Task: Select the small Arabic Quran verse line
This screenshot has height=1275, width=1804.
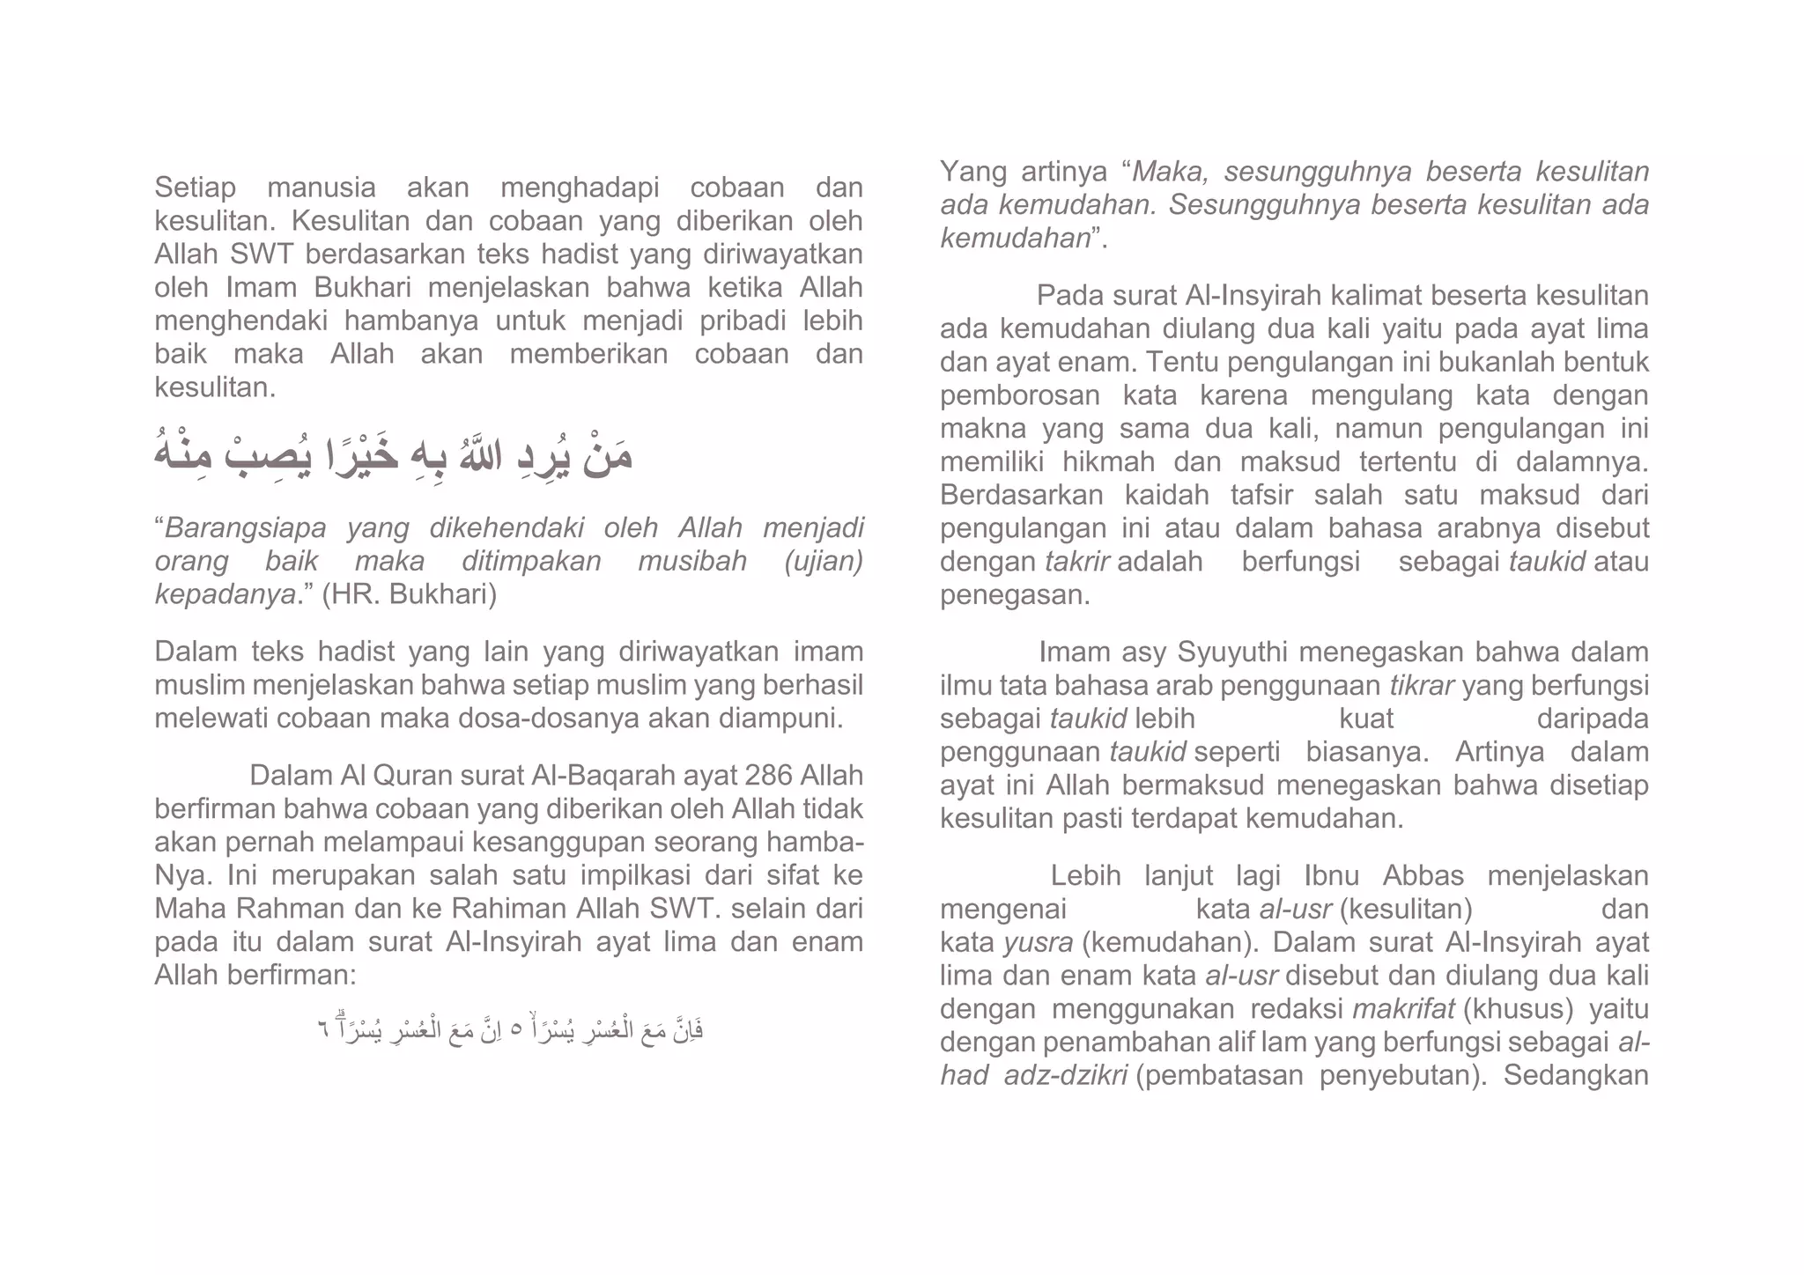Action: pos(510,1028)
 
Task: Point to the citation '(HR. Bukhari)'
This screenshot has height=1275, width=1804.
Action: pos(410,595)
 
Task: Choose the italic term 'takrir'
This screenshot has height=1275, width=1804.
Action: pos(1077,562)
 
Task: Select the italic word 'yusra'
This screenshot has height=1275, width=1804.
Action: pos(1039,943)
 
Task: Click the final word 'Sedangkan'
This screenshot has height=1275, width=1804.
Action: pos(1576,1076)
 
